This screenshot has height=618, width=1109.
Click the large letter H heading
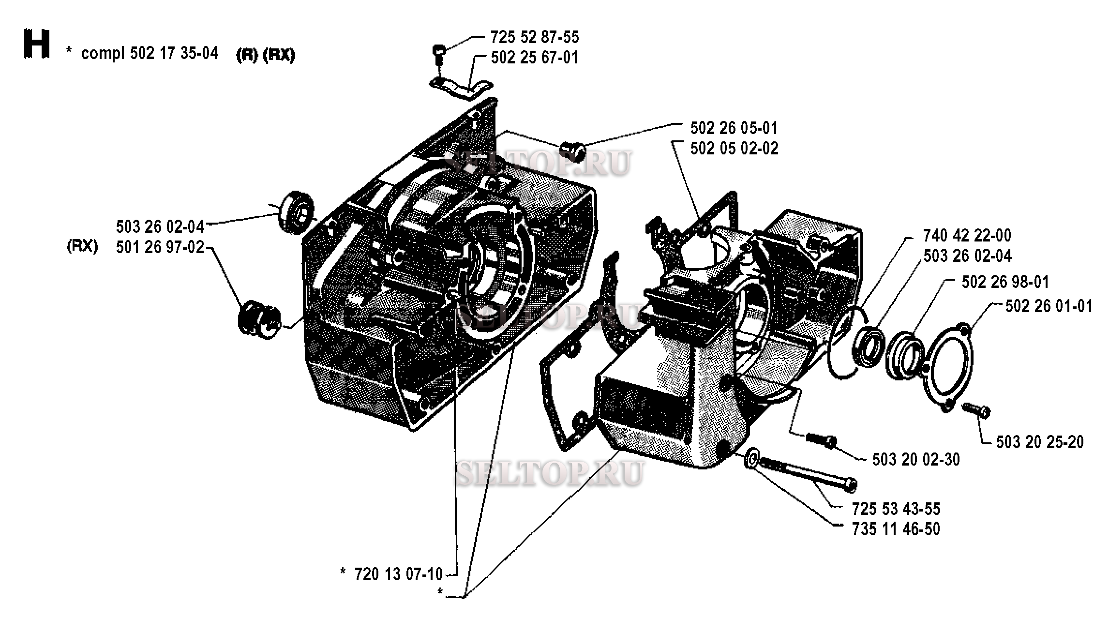(37, 45)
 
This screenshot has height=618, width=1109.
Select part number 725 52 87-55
(534, 37)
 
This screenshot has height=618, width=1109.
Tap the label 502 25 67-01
(534, 58)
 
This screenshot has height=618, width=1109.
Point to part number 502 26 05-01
(734, 128)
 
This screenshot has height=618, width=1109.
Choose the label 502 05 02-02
(734, 148)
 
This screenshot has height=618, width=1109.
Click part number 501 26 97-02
(160, 247)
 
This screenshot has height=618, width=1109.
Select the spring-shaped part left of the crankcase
(258, 317)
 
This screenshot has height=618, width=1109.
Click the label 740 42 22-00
(967, 236)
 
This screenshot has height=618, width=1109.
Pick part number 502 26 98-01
(1005, 282)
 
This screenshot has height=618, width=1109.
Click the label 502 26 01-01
(1049, 306)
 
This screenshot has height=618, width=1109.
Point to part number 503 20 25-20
(1040, 442)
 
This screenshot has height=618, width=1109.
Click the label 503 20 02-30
(916, 459)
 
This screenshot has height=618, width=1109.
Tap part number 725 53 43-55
(896, 509)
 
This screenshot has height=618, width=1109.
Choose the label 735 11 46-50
(896, 529)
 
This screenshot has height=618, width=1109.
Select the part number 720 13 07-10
(398, 574)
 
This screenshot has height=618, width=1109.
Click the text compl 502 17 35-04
(150, 53)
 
